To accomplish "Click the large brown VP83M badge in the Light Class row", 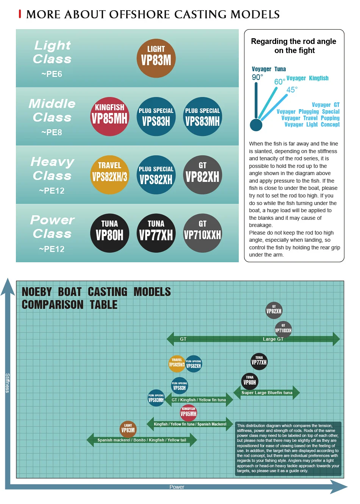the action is click(x=156, y=58).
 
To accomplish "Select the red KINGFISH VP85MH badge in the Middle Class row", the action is click(x=110, y=116).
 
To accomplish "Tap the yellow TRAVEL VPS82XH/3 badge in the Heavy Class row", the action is click(x=110, y=175).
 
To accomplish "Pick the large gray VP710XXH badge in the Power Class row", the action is click(x=202, y=233).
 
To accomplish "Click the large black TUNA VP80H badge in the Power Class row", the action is click(x=110, y=233).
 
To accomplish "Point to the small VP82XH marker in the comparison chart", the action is click(x=274, y=310).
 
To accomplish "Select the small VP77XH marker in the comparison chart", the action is click(x=259, y=362).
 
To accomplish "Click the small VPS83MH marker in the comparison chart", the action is click(x=156, y=398).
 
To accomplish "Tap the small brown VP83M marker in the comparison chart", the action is click(x=128, y=429).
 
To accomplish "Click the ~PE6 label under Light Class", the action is click(x=52, y=74).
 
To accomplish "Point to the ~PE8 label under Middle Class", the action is click(x=52, y=132).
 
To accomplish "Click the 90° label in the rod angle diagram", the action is click(x=257, y=77).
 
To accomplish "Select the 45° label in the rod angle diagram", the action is click(x=292, y=90).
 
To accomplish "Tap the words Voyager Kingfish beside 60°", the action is click(x=307, y=78).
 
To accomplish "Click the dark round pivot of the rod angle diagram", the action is click(x=256, y=125).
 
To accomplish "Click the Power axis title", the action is click(x=177, y=487).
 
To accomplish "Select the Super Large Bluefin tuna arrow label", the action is click(x=267, y=393).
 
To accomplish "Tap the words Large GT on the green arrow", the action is click(x=273, y=339).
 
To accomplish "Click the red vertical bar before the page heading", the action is click(x=20, y=14).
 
